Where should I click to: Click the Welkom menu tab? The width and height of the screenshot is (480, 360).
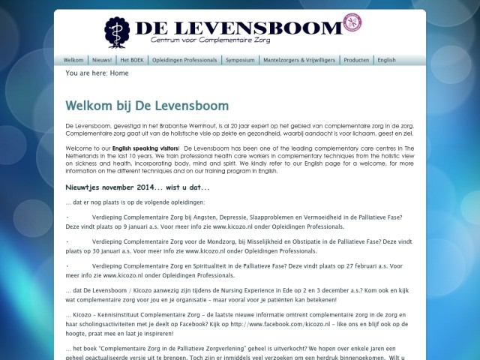pos(73,60)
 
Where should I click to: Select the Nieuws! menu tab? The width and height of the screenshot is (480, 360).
pos(102,60)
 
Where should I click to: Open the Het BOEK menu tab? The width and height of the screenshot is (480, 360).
pos(132,60)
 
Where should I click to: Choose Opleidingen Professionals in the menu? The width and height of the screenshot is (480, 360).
pos(184,60)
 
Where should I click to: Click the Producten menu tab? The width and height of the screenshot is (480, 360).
pos(357,60)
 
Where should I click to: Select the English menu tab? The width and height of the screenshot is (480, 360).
pos(387,60)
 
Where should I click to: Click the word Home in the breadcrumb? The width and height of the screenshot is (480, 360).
pos(119,73)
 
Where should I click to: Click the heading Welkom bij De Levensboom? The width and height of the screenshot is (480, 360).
pos(147,106)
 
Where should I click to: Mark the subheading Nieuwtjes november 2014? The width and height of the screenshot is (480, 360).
pos(137,187)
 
